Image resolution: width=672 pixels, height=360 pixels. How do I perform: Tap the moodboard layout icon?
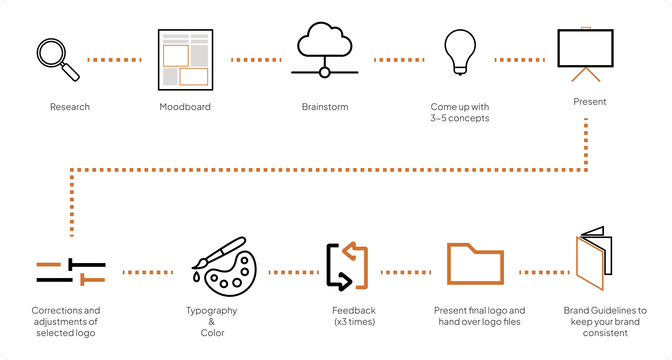[x=185, y=60]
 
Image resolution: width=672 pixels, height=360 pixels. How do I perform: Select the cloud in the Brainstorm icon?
[x=324, y=40]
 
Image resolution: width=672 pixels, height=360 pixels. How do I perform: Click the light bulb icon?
[x=460, y=52]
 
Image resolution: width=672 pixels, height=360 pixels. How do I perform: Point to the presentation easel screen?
[x=585, y=48]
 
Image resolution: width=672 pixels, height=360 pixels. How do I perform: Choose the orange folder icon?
[x=475, y=265]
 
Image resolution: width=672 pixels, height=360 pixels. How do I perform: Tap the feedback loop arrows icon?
[x=347, y=266]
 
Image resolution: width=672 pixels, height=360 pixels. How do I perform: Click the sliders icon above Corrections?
[x=71, y=272]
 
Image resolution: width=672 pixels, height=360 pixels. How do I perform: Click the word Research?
[x=70, y=107]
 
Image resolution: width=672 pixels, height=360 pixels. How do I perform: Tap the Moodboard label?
[x=185, y=107]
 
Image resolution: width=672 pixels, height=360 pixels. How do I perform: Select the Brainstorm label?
[x=325, y=107]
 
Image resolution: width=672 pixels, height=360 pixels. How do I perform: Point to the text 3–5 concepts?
[x=459, y=118]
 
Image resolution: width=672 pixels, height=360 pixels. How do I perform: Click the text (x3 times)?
[x=354, y=322]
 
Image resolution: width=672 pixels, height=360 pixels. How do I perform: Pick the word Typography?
[x=211, y=311]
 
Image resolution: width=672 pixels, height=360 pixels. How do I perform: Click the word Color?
[x=212, y=333]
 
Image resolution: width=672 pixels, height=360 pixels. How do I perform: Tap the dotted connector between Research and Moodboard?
[x=114, y=60]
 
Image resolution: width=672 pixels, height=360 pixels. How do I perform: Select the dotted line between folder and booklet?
[x=544, y=272]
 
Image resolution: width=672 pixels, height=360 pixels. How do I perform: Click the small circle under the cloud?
[x=325, y=73]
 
